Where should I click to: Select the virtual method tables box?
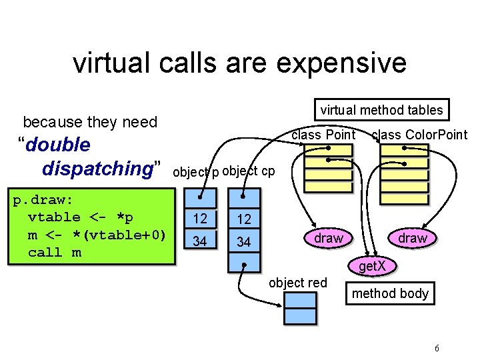pos(381,110)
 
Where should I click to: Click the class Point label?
pos(324,135)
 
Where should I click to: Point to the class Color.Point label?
pos(419,135)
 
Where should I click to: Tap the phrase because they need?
pos(90,122)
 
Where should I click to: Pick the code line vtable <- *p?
pos(80,217)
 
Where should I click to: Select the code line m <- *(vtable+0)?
pos(96,235)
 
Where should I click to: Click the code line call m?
pos(55,252)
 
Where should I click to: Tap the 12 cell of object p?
pos(200,219)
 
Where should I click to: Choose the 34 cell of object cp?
pos(244,242)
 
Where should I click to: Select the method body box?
pos(390,293)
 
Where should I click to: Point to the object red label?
pos(297,283)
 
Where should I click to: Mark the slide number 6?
pos(436,348)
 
